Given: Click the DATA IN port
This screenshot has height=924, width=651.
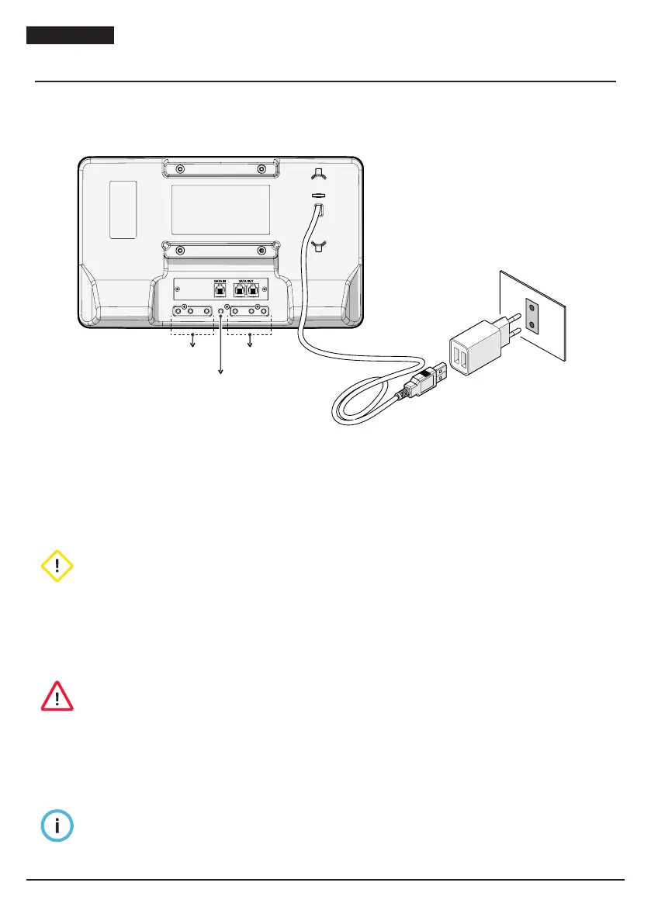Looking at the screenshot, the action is [x=220, y=289].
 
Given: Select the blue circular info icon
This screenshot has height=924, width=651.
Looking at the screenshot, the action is [x=57, y=827].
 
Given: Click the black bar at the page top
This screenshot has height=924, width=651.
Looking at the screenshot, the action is [x=71, y=36].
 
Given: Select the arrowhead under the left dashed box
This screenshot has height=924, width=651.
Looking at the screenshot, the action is [x=192, y=348].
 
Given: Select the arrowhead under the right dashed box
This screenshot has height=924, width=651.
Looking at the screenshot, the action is [x=250, y=348].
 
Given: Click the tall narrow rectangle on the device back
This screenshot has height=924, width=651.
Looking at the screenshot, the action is [x=123, y=209].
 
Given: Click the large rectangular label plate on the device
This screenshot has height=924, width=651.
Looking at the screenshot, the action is [x=220, y=209].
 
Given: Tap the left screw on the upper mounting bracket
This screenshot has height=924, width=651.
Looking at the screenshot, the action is [x=179, y=169].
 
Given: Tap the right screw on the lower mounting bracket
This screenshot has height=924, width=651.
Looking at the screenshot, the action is [x=261, y=251].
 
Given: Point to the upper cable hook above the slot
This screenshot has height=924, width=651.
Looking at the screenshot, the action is [x=317, y=174].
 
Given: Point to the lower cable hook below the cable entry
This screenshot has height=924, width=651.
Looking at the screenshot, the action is [x=317, y=246].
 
